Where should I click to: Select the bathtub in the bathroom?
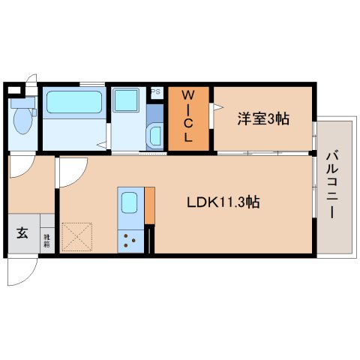73,103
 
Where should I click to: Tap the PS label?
156,91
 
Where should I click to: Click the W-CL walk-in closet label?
189,117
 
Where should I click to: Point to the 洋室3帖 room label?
264,118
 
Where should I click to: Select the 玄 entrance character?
22,233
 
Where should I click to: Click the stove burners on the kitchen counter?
129,241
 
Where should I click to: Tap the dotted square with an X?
77,236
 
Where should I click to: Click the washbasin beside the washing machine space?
155,136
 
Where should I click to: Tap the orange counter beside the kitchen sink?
149,205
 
